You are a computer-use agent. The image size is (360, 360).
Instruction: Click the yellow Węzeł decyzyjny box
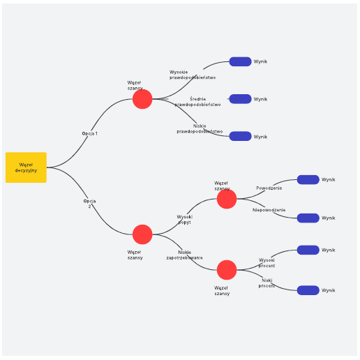point(26,167)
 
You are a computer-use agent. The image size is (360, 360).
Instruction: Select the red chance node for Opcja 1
point(142,99)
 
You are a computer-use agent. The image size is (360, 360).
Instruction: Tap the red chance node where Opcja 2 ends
point(142,234)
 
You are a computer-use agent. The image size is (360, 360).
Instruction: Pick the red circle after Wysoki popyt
point(227,199)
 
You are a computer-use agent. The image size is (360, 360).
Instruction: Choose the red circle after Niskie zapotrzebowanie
point(227,270)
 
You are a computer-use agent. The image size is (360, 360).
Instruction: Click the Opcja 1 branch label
point(90,133)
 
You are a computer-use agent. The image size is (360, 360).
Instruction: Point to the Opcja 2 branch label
point(89,204)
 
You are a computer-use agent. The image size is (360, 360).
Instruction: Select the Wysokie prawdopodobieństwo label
point(193,75)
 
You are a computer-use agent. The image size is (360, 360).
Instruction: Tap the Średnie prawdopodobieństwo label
point(197,102)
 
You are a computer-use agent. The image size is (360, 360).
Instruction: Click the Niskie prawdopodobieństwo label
point(200,129)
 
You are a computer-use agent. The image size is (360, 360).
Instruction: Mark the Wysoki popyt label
point(185,220)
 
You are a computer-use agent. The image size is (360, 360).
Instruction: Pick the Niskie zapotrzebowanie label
point(184,255)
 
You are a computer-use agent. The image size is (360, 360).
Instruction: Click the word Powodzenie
point(269,188)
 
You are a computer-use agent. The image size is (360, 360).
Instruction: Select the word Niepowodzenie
point(269,210)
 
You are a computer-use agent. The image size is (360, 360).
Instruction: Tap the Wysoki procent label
point(267,263)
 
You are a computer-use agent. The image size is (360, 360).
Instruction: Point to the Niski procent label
point(267,283)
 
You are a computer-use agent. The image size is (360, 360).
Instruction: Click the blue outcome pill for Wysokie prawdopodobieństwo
point(240,61)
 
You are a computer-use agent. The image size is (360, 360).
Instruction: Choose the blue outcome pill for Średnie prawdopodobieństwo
point(240,99)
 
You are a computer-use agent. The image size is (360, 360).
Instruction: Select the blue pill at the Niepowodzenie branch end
point(308,218)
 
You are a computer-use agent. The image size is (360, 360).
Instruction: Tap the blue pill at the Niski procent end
point(308,290)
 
